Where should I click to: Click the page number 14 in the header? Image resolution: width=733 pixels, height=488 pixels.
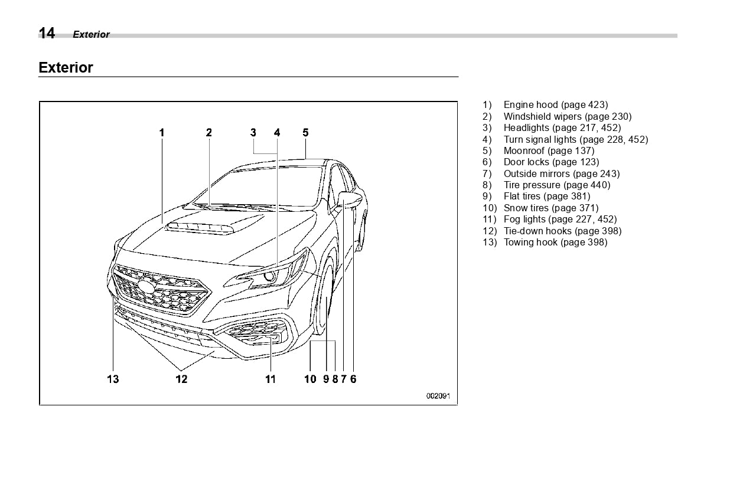[x=47, y=34]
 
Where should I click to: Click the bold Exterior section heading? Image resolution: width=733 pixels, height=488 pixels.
[x=66, y=68]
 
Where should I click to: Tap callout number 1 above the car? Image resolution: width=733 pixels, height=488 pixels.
[x=162, y=133]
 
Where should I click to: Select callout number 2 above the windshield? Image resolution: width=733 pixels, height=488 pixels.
[x=209, y=133]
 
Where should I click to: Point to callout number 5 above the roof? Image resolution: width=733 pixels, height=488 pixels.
[x=305, y=133]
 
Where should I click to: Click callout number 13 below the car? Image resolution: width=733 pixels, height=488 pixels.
[x=113, y=379]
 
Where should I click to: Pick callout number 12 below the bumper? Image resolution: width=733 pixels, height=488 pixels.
[x=181, y=379]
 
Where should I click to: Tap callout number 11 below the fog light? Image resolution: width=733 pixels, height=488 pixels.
[x=270, y=379]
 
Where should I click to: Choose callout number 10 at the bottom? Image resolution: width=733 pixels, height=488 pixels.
[x=310, y=379]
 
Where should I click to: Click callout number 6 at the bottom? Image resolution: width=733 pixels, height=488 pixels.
[x=353, y=379]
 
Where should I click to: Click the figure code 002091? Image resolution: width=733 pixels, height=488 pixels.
[x=438, y=396]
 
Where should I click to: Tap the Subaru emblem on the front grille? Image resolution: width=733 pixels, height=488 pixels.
[x=145, y=287]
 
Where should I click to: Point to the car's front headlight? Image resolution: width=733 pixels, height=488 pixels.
[x=269, y=275]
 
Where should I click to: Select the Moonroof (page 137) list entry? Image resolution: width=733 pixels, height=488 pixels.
[x=549, y=150]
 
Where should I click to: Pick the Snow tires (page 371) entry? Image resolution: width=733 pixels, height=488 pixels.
[x=550, y=208]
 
